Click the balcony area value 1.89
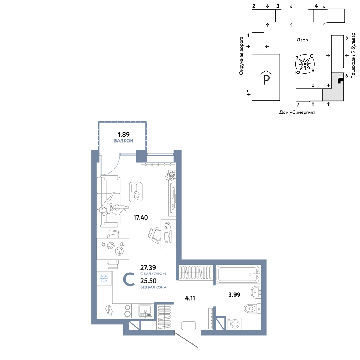(x=124, y=134)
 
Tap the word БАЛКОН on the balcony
(x=124, y=141)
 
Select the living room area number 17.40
(x=141, y=217)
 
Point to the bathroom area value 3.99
(x=234, y=294)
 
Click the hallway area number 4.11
(x=190, y=298)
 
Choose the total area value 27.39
(x=148, y=267)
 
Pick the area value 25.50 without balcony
(x=148, y=281)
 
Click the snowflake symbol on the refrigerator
(x=104, y=279)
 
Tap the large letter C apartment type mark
(x=129, y=279)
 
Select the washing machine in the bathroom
(x=234, y=323)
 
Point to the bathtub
(x=238, y=274)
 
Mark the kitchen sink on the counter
(x=145, y=311)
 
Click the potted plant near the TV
(x=171, y=176)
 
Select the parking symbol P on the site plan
(x=266, y=78)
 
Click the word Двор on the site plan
(x=302, y=40)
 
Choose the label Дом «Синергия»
(x=297, y=112)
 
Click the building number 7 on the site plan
(x=298, y=105)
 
